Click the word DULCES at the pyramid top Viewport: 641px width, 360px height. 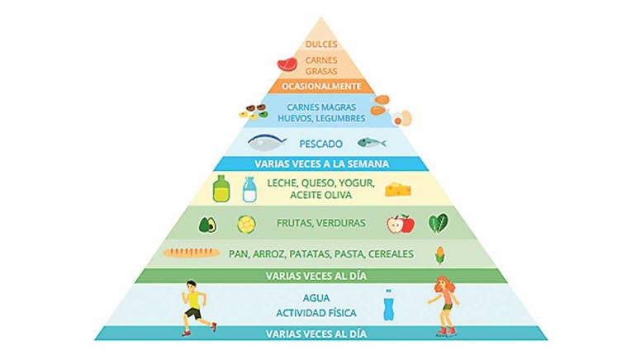pyautogui.click(x=321, y=44)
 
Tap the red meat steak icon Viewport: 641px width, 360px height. pyautogui.click(x=287, y=64)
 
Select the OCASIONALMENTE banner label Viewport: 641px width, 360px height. pyautogui.click(x=321, y=86)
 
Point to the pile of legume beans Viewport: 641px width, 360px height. pyautogui.click(x=254, y=111)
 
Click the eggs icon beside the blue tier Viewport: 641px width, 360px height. pyautogui.click(x=402, y=119)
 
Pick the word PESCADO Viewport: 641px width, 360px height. pyautogui.click(x=320, y=144)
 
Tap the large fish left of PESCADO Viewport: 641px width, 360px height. pyautogui.click(x=267, y=143)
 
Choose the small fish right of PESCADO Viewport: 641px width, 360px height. pyautogui.click(x=372, y=143)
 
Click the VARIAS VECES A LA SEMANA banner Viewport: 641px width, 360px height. pyautogui.click(x=321, y=163)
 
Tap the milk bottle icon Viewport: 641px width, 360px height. pyautogui.click(x=249, y=190)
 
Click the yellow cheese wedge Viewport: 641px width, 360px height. pyautogui.click(x=398, y=190)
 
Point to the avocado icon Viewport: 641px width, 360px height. pyautogui.click(x=207, y=225)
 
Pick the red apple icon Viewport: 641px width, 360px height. pyautogui.click(x=401, y=224)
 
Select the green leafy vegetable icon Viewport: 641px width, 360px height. pyautogui.click(x=439, y=224)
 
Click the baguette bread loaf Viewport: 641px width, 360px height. pyautogui.click(x=192, y=253)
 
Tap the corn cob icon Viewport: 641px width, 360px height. pyautogui.click(x=440, y=255)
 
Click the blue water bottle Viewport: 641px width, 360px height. pyautogui.click(x=388, y=305)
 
